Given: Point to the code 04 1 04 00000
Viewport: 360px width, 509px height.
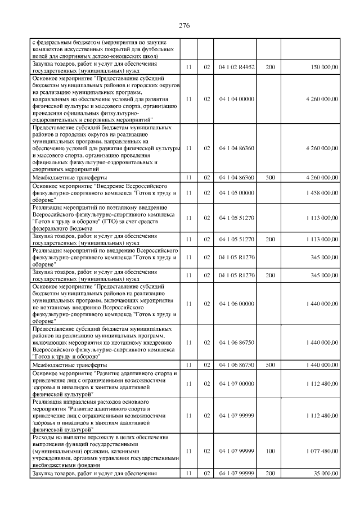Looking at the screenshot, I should click(236, 99).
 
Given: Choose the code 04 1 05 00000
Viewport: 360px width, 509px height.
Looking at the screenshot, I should click(236, 193).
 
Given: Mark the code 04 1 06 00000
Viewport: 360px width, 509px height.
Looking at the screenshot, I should click(236, 303).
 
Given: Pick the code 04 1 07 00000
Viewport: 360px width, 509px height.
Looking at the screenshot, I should click(236, 384).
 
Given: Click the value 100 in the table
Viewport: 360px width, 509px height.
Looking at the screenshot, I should click(270, 453).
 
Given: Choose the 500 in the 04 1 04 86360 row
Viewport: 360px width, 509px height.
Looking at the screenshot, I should click(270, 177).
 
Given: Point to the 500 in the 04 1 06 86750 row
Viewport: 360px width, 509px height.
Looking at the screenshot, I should click(270, 365).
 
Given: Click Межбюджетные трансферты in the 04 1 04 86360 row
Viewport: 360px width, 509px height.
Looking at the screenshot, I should click(67, 177).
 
